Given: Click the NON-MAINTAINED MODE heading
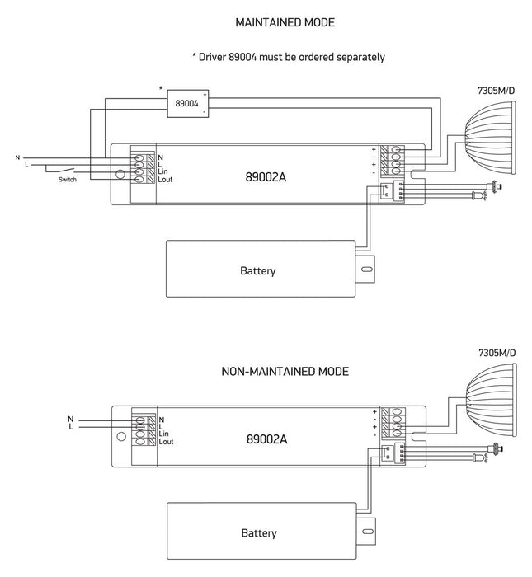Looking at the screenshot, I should (x=280, y=372).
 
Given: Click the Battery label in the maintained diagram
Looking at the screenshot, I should (x=257, y=270).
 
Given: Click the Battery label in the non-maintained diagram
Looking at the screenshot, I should (x=257, y=533).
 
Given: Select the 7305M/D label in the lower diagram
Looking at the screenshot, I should (x=497, y=353).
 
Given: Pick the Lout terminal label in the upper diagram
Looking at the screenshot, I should (x=164, y=179).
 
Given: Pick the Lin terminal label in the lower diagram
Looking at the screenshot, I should (x=163, y=434).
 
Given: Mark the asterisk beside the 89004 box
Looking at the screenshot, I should (x=162, y=87).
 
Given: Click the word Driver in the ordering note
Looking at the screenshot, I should (x=215, y=57).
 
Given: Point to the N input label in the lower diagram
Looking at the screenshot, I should (x=71, y=419).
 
